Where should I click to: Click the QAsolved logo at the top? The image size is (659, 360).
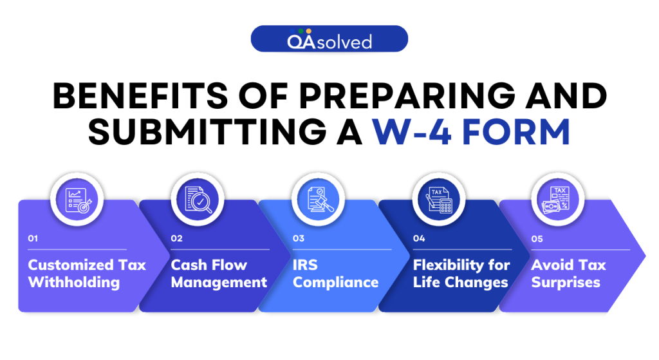pyautogui.click(x=329, y=39)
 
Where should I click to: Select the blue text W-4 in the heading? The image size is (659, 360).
pyautogui.click(x=412, y=132)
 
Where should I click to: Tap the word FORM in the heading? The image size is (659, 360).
pyautogui.click(x=516, y=132)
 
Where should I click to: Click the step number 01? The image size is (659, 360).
pyautogui.click(x=33, y=238)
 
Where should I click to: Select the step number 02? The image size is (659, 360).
pyautogui.click(x=176, y=238)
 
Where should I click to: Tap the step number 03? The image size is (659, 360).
pyautogui.click(x=299, y=238)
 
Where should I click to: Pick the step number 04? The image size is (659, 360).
pyautogui.click(x=419, y=238)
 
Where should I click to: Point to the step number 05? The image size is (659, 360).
pyautogui.click(x=537, y=239)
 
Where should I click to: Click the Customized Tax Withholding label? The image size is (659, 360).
pyautogui.click(x=87, y=274)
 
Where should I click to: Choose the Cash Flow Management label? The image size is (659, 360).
pyautogui.click(x=219, y=274)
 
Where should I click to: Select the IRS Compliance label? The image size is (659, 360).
pyautogui.click(x=335, y=274)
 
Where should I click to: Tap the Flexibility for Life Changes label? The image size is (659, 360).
pyautogui.click(x=461, y=274)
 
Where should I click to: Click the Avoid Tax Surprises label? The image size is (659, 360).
pyautogui.click(x=569, y=274)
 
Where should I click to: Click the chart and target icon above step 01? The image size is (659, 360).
pyautogui.click(x=77, y=200)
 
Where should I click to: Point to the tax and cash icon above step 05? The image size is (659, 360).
pyautogui.click(x=557, y=200)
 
